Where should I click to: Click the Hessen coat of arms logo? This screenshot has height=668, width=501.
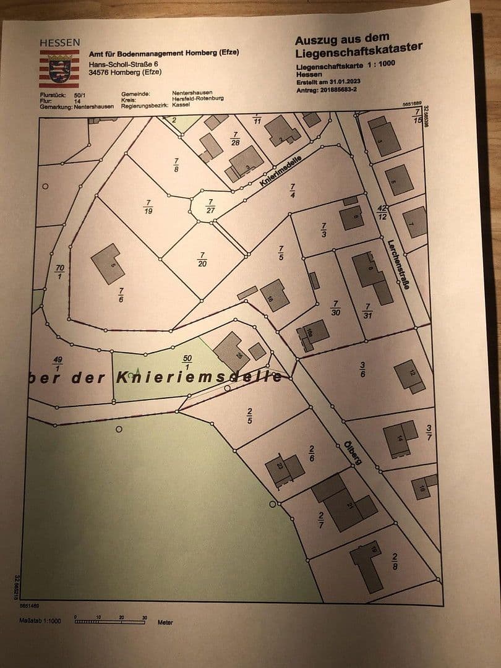pos(59,69)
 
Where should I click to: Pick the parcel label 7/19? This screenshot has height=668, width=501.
pos(148,206)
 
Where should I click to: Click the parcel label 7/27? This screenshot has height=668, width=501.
pos(210,206)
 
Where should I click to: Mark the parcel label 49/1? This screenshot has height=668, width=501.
pos(58,364)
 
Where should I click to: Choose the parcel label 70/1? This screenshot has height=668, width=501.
pos(60,271)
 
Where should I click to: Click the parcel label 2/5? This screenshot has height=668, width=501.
pos(249,414)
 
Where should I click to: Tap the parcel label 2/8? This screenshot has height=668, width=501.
pos(395,563)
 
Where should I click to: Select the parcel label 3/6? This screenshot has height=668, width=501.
pos(363,369)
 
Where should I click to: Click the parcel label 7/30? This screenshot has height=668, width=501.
pos(336,308)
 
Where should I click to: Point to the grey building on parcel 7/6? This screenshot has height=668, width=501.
pos(108,263)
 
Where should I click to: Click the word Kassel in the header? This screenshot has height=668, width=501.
pos(181,105)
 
